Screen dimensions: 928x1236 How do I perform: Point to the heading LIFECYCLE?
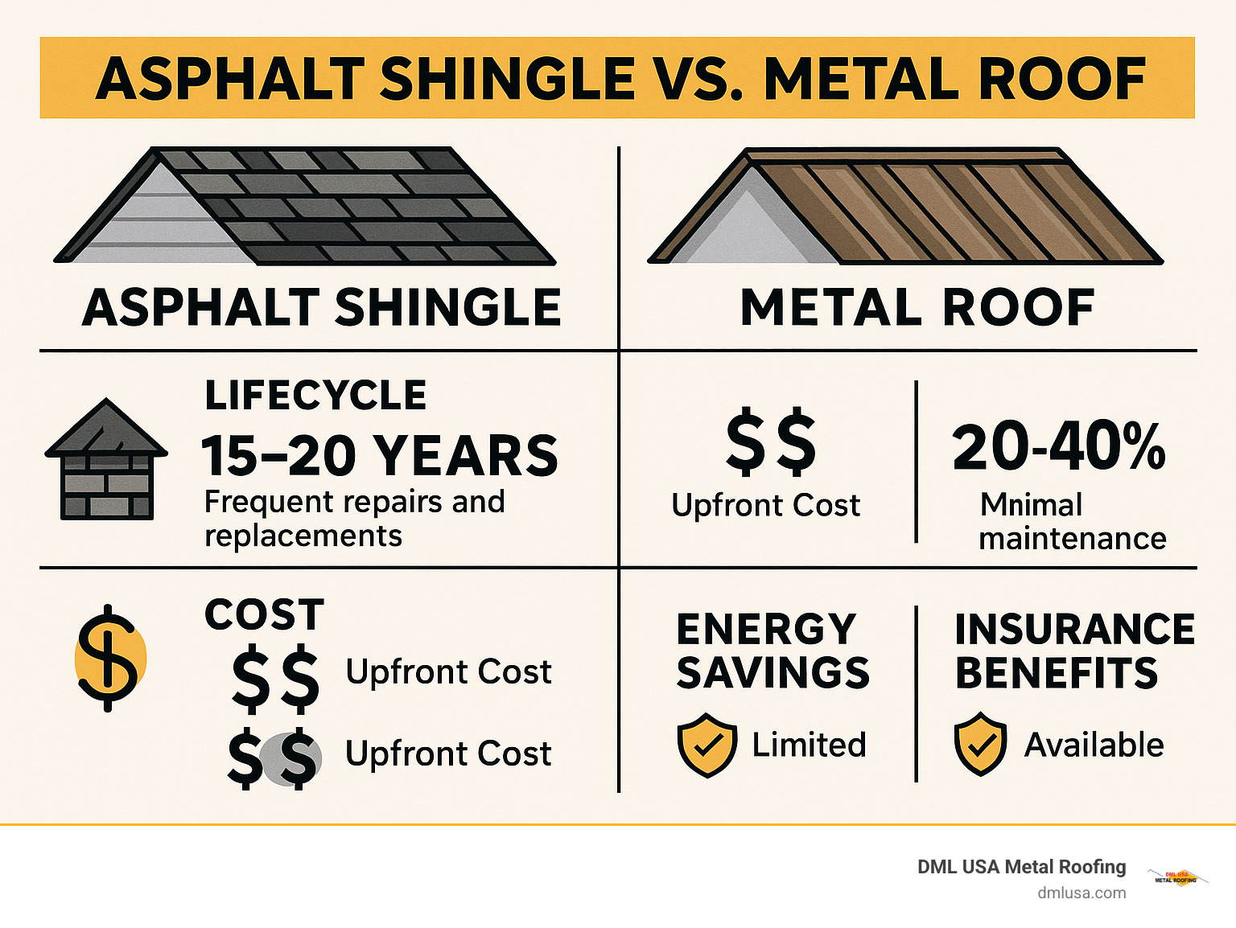click(315, 396)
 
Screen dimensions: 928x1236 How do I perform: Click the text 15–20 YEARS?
click(379, 456)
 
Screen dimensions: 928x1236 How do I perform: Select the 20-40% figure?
click(1058, 447)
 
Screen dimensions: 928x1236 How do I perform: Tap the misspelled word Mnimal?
click(1031, 505)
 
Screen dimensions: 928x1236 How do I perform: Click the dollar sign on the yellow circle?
click(109, 657)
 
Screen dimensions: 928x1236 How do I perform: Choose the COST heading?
click(264, 615)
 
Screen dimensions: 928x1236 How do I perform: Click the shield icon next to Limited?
click(707, 745)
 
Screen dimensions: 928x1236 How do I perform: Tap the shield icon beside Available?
click(980, 744)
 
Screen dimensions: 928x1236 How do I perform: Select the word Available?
click(1094, 745)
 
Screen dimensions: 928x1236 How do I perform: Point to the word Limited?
click(809, 745)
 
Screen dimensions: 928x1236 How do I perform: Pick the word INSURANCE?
click(1074, 630)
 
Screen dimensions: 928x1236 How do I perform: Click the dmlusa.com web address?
click(1081, 893)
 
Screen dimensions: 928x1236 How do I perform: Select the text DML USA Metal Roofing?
click(1021, 867)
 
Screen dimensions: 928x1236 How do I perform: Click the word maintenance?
click(1072, 539)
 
